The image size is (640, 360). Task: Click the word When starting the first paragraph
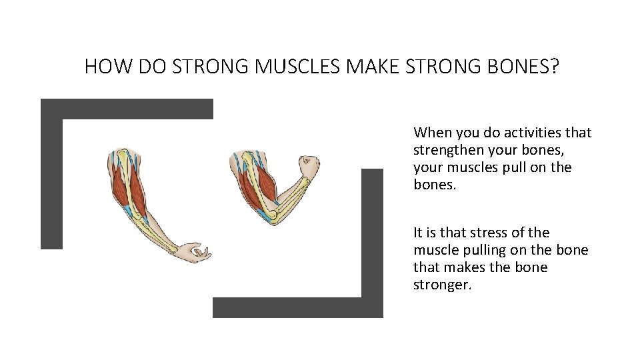click(x=433, y=133)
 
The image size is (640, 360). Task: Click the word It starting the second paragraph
click(x=418, y=233)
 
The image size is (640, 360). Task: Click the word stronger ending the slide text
click(x=442, y=285)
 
